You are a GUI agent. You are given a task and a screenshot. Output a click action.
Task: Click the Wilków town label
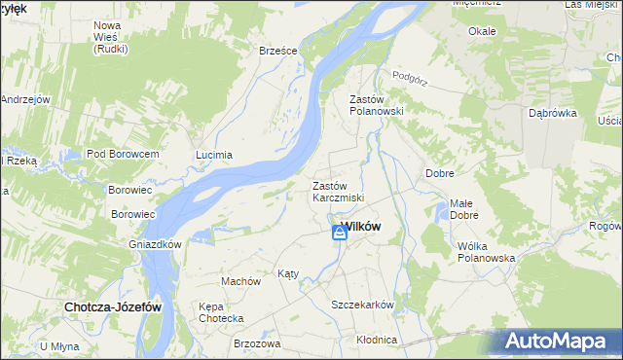(x=364, y=228)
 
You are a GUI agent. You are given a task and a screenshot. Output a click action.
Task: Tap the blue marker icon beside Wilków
(x=339, y=232)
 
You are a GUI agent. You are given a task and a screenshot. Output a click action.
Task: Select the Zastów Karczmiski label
(x=338, y=192)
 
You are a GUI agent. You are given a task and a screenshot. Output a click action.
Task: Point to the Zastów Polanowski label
(x=377, y=105)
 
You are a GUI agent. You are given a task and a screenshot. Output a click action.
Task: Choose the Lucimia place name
(x=214, y=155)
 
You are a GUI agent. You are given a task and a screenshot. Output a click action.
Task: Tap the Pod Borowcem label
(x=123, y=155)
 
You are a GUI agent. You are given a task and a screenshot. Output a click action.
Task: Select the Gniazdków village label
(x=156, y=244)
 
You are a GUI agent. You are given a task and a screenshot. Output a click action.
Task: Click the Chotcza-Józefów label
(x=112, y=306)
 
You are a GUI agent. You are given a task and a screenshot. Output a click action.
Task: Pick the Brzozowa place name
(x=257, y=343)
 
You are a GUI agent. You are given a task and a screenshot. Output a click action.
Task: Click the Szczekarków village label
(x=363, y=305)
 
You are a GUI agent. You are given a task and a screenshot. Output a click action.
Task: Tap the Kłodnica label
(x=377, y=340)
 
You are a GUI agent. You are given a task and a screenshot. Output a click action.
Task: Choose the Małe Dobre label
(x=463, y=209)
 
